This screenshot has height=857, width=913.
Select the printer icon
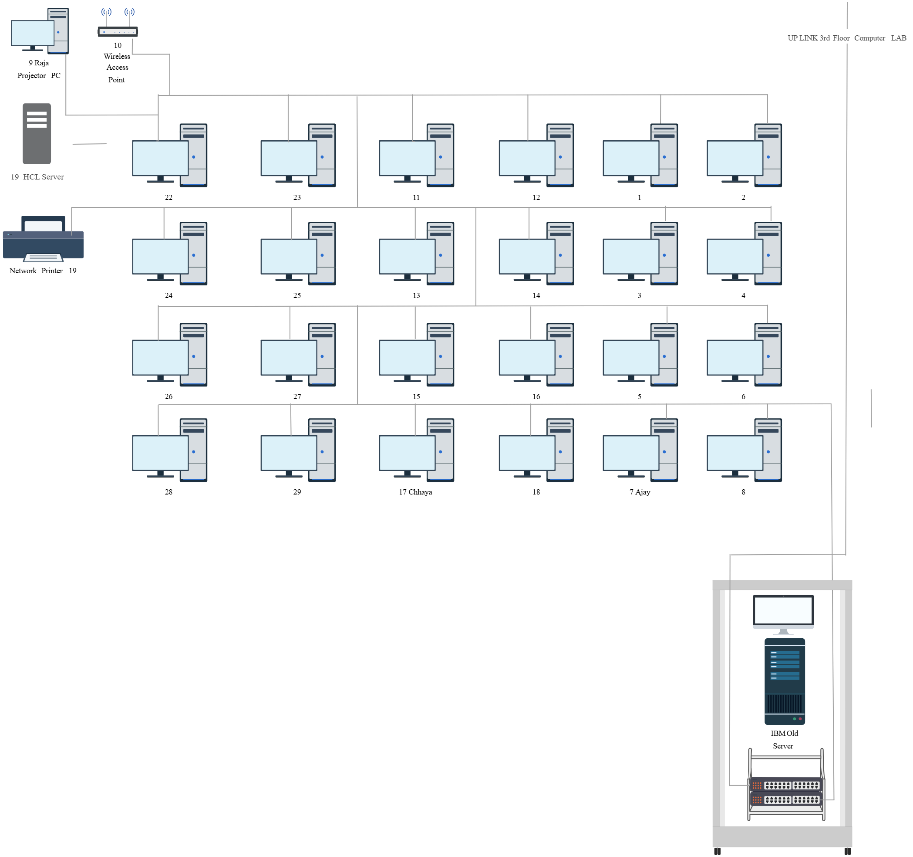pyautogui.click(x=43, y=239)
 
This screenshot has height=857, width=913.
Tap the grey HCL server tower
pyautogui.click(x=37, y=133)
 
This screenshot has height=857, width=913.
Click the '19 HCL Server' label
pyautogui.click(x=37, y=177)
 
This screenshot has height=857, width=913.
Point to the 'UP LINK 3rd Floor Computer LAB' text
pyautogui.click(x=847, y=38)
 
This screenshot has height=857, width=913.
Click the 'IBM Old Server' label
pyautogui.click(x=784, y=739)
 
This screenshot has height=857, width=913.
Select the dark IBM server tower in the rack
pyautogui.click(x=785, y=681)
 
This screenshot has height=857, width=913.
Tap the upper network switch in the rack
pyautogui.click(x=786, y=785)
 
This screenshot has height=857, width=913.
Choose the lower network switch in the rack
pyautogui.click(x=786, y=799)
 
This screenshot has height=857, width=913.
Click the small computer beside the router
pyautogui.click(x=40, y=31)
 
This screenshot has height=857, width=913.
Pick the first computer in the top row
pyautogui.click(x=169, y=155)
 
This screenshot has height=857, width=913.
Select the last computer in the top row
pyautogui.click(x=744, y=155)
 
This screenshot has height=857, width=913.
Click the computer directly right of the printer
pyautogui.click(x=169, y=254)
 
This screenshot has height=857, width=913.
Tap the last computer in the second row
pyautogui.click(x=744, y=254)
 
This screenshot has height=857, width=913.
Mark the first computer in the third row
pyautogui.click(x=169, y=355)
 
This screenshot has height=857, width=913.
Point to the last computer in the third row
pyautogui.click(x=744, y=355)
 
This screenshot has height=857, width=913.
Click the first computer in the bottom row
pyautogui.click(x=169, y=450)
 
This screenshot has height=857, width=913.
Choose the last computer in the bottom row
pyautogui.click(x=744, y=450)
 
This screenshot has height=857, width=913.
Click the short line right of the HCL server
pyautogui.click(x=90, y=144)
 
